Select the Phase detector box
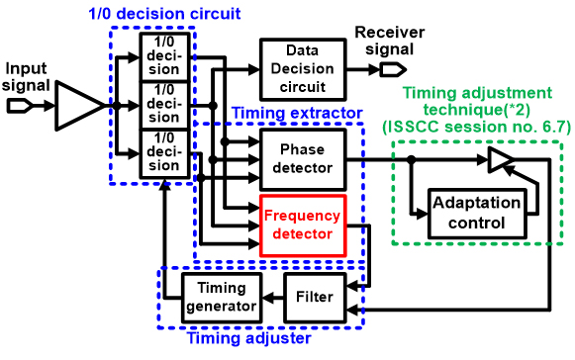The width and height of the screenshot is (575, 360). point(302,159)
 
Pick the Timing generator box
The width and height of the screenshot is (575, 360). point(221,298)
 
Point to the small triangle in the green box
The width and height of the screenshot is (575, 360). point(500,158)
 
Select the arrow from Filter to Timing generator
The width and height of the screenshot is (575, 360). point(271,298)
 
